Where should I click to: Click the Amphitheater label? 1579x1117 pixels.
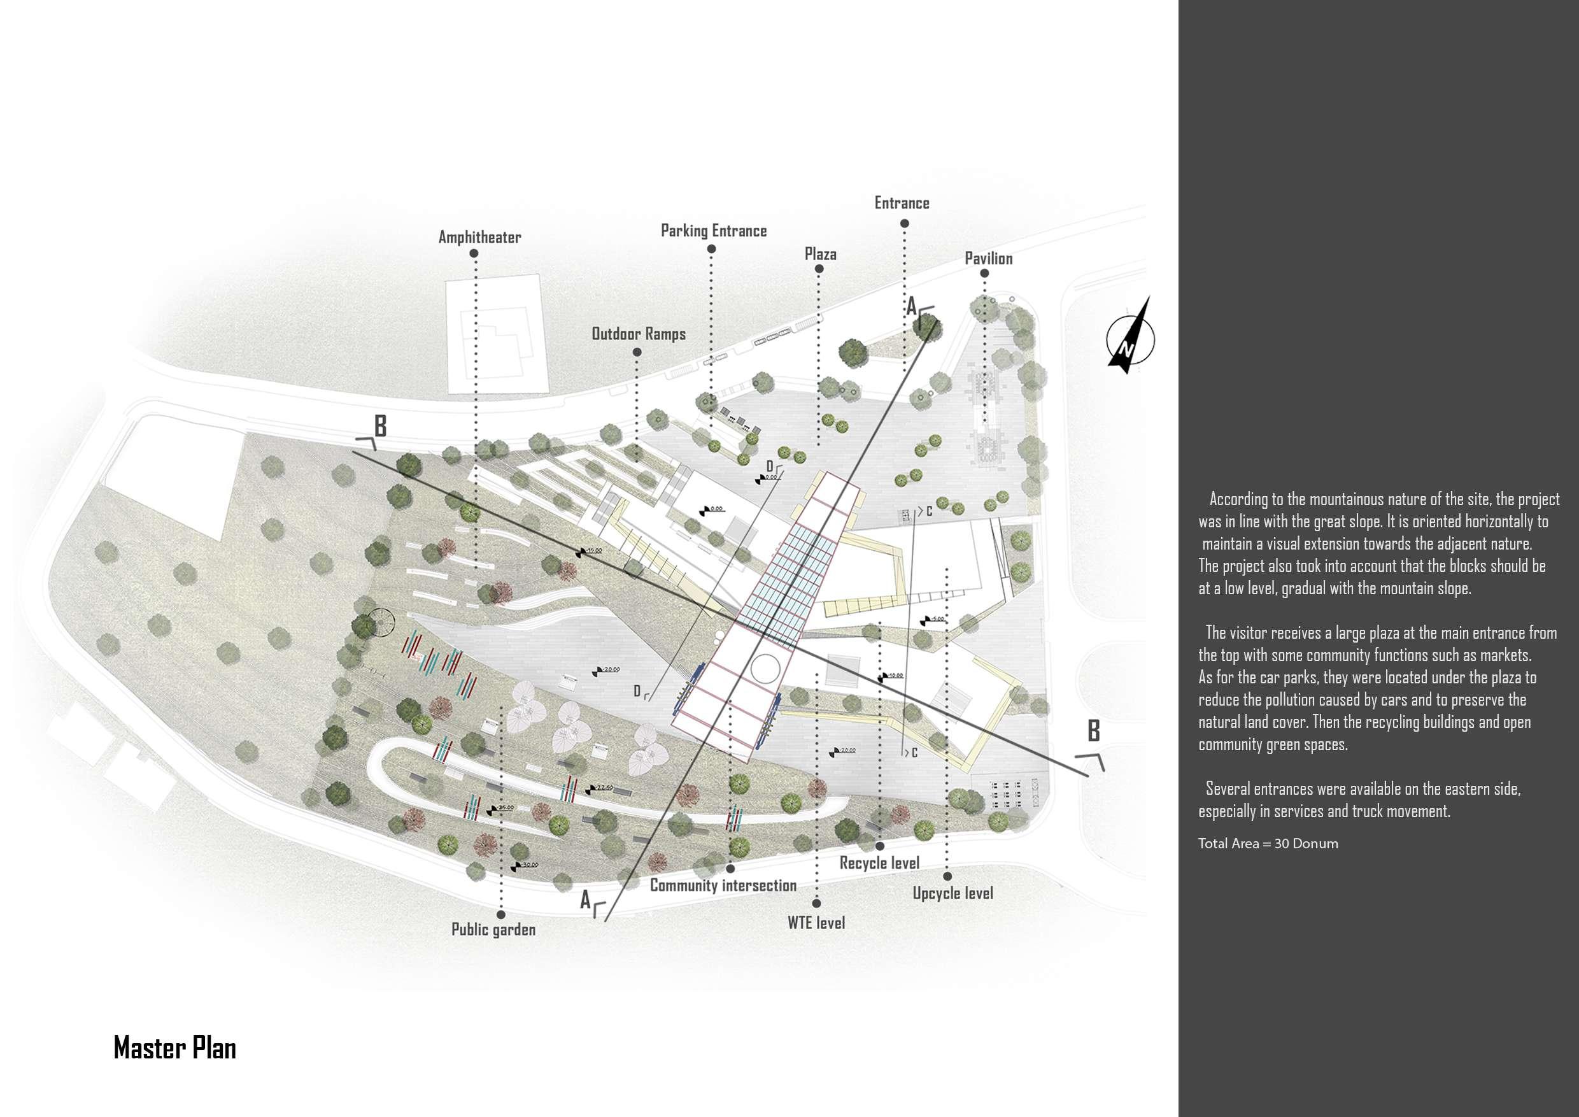click(479, 238)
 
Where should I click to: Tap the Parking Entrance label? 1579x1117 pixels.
click(713, 231)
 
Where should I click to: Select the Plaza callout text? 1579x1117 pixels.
click(821, 255)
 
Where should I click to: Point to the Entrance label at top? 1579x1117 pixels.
click(902, 203)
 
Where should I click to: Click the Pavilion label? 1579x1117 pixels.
click(988, 259)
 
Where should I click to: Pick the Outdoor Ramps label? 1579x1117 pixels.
click(638, 334)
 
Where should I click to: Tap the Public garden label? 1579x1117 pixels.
click(493, 930)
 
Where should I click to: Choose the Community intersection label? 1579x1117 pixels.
click(723, 886)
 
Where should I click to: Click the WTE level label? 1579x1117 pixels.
click(816, 923)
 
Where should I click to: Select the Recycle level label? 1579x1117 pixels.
click(879, 863)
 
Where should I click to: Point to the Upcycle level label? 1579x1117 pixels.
click(952, 893)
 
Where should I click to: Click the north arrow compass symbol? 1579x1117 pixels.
click(1130, 336)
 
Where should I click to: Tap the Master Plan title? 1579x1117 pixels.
click(174, 1048)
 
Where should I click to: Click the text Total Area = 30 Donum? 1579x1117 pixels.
click(1268, 844)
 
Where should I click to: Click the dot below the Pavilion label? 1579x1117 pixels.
click(985, 274)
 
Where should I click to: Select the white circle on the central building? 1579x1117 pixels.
click(765, 667)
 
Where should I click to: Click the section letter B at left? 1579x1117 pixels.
click(379, 427)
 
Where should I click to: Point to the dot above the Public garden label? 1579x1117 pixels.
click(500, 914)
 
